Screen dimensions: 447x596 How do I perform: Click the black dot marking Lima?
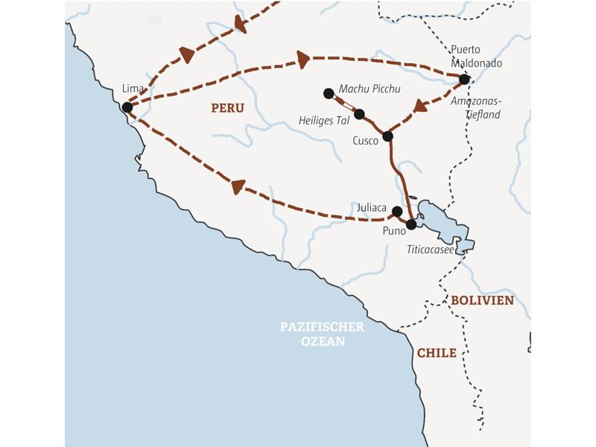pos(127,107)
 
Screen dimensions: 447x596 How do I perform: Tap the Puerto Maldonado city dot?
pos(464,79)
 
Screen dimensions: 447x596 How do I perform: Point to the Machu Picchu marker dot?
pos(329,93)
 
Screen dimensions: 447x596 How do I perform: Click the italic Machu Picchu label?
pos(370,89)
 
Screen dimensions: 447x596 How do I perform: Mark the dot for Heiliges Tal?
pos(359,114)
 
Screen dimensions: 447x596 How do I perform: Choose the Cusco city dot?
pos(387,136)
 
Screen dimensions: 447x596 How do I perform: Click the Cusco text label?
pos(366,140)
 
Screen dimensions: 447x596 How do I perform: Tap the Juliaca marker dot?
pos(397,211)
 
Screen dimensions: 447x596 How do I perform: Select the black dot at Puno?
pos(410,223)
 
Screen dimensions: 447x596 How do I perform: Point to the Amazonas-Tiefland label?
pos(477,109)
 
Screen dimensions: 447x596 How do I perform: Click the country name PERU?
pos(227,108)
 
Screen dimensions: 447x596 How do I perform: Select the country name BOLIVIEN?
pos(482,300)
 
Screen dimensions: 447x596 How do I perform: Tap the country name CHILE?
pos(437,353)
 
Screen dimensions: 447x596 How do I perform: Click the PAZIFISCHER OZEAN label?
pos(322,334)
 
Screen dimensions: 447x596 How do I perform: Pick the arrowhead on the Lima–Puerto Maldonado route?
pos(302,58)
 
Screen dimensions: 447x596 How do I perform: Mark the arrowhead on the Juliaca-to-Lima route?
pos(238,186)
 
